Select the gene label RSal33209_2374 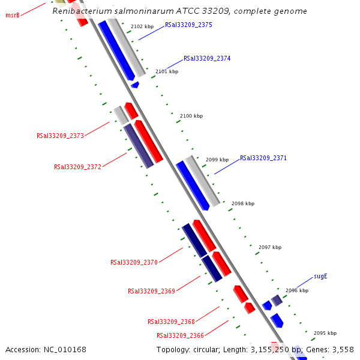tap(207, 59)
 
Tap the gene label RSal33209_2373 tap(60, 136)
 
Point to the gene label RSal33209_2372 tap(77, 167)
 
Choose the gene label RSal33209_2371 tap(263, 158)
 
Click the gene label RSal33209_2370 tap(134, 262)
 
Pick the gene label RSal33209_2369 tap(151, 291)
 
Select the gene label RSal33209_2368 tap(171, 322)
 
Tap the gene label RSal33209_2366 tap(180, 336)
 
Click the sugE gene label tap(320, 277)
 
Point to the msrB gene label tap(13, 15)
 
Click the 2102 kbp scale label tap(142, 27)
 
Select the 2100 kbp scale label tap(191, 116)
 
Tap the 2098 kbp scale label tap(243, 204)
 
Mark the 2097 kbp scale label tap(269, 247)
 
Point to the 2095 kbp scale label tap(325, 333)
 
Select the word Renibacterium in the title tap(80, 11)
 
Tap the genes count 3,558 tap(343, 350)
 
